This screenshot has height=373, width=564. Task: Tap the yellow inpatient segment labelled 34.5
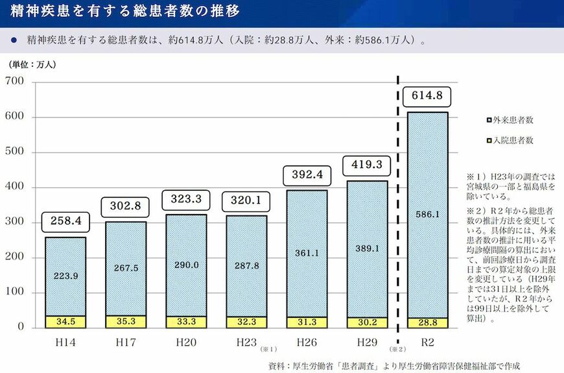click(65, 321)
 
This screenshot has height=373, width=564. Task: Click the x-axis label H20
click(185, 341)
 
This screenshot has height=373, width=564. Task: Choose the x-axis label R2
click(427, 341)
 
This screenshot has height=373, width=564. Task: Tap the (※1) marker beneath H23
click(268, 349)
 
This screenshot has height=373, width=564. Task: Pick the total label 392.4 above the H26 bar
click(306, 175)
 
